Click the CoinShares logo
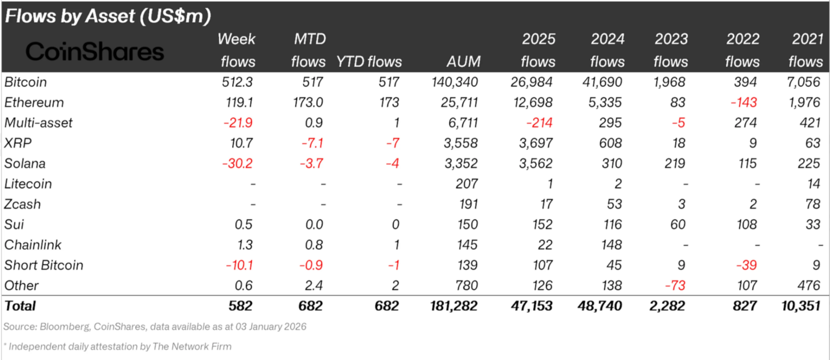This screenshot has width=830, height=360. tap(95, 52)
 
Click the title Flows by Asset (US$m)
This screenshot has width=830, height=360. tap(108, 16)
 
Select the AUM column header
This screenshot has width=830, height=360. tap(463, 61)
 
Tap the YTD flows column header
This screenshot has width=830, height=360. tap(369, 61)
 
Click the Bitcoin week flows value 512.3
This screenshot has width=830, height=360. tap(237, 82)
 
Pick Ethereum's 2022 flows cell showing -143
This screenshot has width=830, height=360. tap(743, 103)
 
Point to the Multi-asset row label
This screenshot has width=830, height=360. tap(38, 123)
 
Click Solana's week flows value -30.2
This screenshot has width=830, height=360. tap(237, 164)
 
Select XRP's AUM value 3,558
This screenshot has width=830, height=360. tap(461, 143)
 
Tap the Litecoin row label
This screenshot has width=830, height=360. tap(28, 184)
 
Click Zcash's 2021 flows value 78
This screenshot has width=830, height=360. tap(812, 204)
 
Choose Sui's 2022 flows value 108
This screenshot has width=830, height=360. tap(746, 224)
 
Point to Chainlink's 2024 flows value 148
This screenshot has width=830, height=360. tap(611, 245)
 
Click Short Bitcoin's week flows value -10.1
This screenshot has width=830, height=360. tap(239, 265)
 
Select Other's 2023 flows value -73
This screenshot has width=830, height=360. tap(675, 286)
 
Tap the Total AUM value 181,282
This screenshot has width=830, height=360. tap(454, 306)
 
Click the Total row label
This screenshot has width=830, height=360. tap(20, 306)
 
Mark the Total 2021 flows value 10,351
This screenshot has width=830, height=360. tap(801, 306)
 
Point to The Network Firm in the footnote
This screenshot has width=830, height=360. tap(192, 347)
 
